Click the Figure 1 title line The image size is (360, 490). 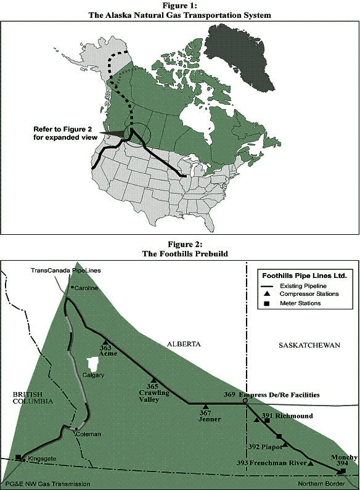point(179,4)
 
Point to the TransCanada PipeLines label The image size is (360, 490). point(65,271)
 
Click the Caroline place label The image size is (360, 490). point(86,288)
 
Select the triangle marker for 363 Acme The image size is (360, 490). point(105,342)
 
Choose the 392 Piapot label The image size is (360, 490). point(263,447)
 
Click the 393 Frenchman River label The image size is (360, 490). point(272,462)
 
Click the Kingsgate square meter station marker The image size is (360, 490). point(18,457)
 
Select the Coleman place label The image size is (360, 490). point(88,434)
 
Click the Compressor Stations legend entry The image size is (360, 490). point(304,295)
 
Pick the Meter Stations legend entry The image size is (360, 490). point(298,303)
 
